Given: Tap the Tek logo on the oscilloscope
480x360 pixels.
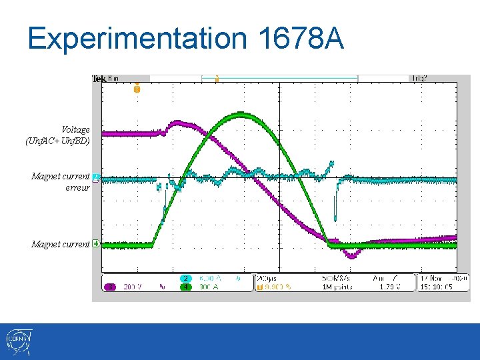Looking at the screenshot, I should [x=98, y=79].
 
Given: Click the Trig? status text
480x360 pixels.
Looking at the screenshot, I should [x=419, y=79].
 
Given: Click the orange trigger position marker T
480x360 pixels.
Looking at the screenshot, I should [x=137, y=89].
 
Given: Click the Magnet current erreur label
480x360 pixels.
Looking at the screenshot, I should [x=61, y=182].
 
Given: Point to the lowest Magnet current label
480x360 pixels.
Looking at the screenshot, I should [x=61, y=245].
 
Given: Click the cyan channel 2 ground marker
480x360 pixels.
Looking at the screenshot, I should [x=97, y=178].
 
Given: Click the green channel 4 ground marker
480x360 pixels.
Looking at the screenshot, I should [x=97, y=244].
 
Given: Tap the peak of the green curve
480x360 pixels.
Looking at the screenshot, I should [x=241, y=115].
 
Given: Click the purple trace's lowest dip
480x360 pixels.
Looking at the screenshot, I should [x=351, y=255].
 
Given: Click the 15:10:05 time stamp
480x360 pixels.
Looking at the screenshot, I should [x=437, y=287].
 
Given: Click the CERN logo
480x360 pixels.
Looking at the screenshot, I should [x=17, y=342].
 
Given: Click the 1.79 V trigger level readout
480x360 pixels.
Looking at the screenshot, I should [x=389, y=287].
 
